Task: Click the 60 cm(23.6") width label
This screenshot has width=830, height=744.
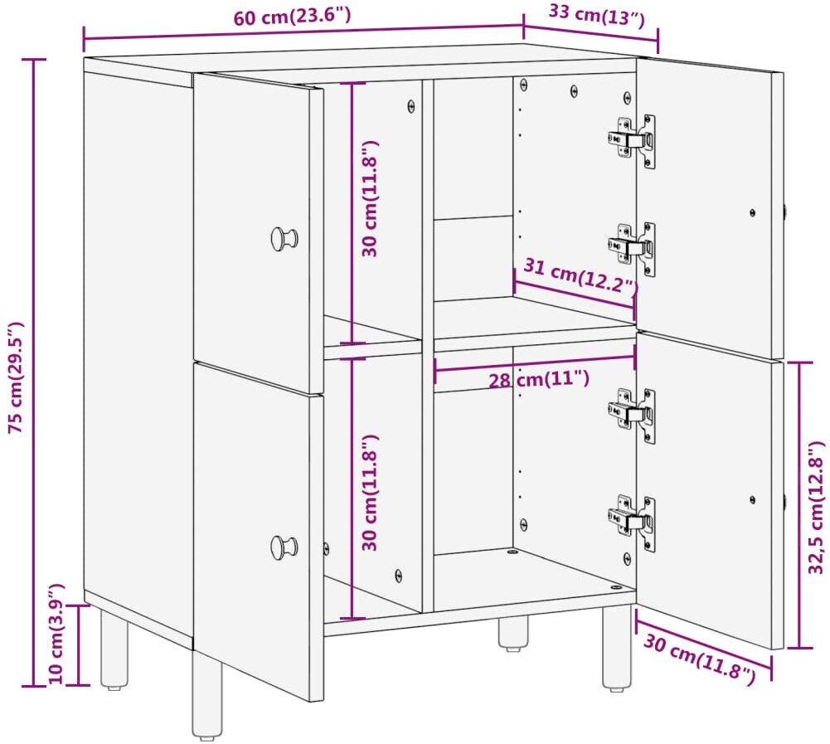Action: click(292, 17)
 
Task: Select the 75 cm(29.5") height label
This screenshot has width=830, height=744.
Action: click(17, 377)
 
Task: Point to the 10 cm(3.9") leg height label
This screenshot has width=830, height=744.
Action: click(56, 634)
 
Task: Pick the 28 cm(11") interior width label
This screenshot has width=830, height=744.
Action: click(538, 379)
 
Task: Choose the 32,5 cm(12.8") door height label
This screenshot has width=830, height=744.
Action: click(816, 508)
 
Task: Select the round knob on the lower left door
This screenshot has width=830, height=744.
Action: click(284, 547)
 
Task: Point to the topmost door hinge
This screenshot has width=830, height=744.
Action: click(632, 141)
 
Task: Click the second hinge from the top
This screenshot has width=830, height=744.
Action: click(632, 248)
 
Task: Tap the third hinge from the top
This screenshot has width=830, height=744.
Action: click(632, 416)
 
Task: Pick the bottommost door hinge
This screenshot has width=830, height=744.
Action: click(632, 523)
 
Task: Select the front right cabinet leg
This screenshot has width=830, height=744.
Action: click(617, 648)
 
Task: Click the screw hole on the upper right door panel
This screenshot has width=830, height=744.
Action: click(753, 213)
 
